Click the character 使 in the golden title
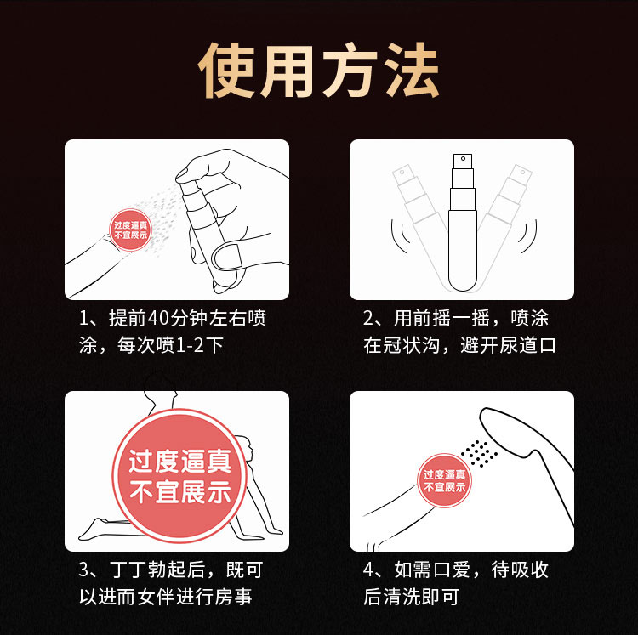(226, 71)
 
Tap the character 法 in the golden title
(413, 71)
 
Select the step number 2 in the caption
(368, 318)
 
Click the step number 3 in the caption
(84, 570)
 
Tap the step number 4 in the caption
(368, 570)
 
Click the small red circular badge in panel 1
(130, 230)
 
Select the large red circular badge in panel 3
(179, 476)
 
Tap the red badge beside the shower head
(444, 480)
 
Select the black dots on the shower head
(479, 453)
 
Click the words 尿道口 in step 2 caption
(527, 345)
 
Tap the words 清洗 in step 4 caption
(402, 598)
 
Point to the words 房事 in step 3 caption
(233, 598)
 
